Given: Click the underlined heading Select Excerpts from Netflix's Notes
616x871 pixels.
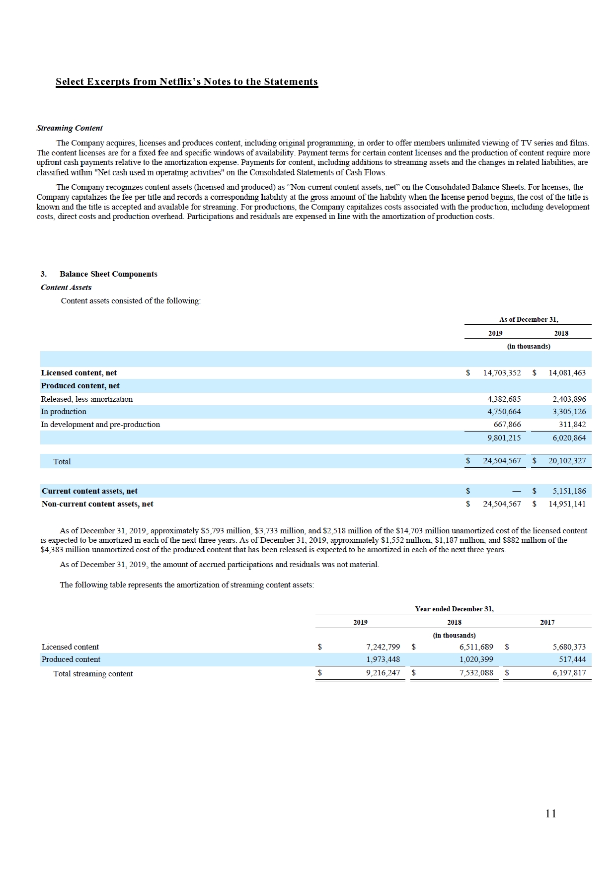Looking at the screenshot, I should (186, 82).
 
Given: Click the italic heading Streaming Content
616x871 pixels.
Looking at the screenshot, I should (70, 128).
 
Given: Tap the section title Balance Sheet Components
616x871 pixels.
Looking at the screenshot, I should (108, 274).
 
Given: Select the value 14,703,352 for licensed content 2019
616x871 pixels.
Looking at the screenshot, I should (502, 373).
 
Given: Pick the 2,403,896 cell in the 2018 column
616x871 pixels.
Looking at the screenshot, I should (569, 399).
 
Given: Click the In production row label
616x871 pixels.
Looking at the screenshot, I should (64, 412).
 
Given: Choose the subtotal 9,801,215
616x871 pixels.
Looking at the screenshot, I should (504, 438).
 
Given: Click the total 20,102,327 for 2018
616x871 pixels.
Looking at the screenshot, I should (567, 461).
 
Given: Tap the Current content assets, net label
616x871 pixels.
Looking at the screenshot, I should (89, 491).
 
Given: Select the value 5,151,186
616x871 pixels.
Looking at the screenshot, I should (569, 491).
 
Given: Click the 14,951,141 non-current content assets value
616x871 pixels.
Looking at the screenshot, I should (567, 504).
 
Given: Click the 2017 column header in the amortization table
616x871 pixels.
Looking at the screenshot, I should (547, 622).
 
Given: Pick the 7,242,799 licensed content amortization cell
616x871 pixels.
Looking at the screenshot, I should (383, 647).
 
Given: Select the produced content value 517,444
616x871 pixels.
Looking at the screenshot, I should (572, 659).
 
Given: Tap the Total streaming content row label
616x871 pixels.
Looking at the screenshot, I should (93, 674).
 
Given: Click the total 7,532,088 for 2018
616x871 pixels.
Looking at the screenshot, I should (476, 673).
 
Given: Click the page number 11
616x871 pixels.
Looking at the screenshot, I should (550, 813).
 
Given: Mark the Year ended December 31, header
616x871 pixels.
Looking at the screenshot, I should (454, 609).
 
